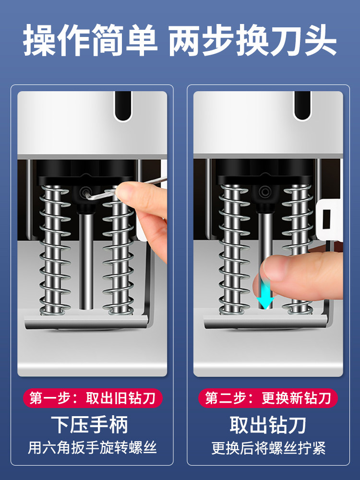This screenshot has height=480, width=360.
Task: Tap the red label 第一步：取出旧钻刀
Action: (x=93, y=398)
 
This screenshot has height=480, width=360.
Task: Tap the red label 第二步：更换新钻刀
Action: (x=268, y=398)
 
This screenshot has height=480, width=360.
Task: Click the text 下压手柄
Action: (x=89, y=425)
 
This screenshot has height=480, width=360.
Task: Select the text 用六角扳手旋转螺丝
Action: (x=92, y=448)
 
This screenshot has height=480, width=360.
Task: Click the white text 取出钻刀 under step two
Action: (x=268, y=425)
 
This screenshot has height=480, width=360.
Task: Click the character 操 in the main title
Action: (x=40, y=40)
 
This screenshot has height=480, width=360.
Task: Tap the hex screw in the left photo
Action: (x=85, y=193)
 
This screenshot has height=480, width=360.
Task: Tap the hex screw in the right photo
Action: (x=264, y=192)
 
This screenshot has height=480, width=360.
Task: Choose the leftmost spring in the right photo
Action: (x=234, y=250)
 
